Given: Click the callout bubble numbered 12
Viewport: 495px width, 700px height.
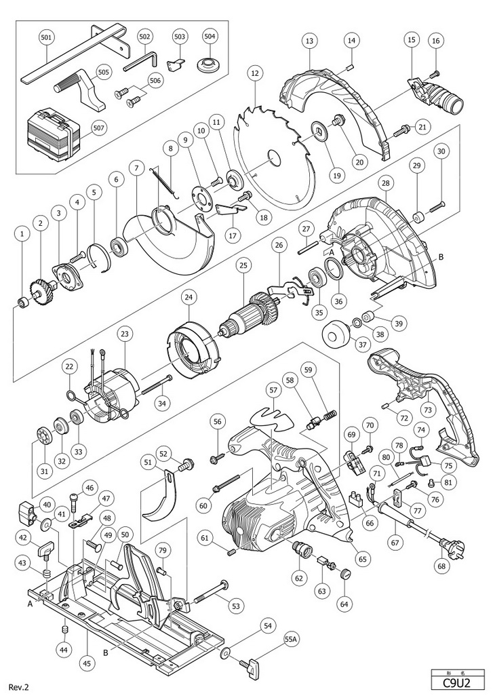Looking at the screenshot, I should (255, 71).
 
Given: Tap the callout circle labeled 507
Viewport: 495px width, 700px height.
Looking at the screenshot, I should (98, 127).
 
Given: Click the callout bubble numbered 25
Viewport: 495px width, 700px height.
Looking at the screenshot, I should (241, 268).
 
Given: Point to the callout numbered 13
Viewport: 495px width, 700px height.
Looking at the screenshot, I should (309, 41).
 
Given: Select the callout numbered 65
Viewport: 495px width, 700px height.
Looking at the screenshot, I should (362, 559).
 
